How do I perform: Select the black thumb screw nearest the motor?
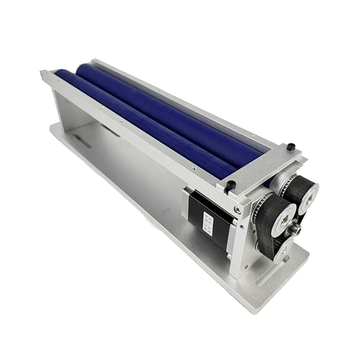231,184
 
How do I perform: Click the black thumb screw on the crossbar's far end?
292,146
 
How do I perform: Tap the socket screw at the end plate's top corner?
237,208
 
